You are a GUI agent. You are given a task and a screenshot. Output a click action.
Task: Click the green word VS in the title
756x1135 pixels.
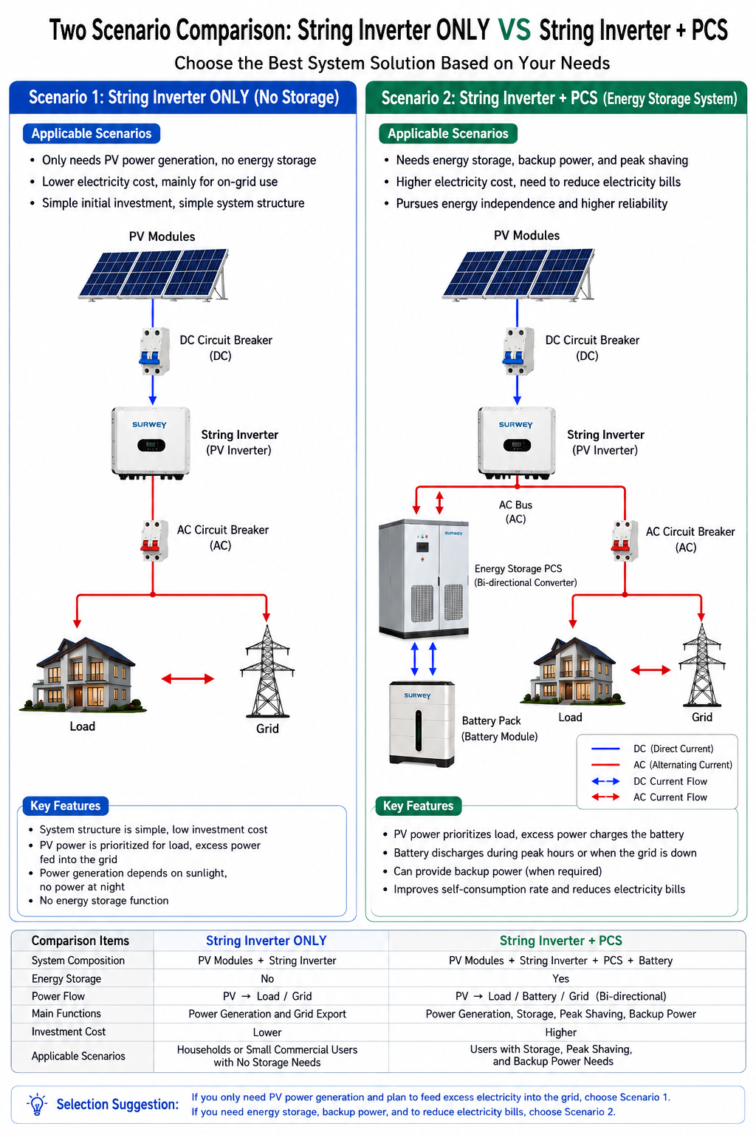(x=514, y=30)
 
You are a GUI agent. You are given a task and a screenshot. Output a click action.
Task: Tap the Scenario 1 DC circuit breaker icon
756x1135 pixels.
(x=154, y=351)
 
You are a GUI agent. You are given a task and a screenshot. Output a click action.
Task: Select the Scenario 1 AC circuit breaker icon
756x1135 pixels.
(x=154, y=541)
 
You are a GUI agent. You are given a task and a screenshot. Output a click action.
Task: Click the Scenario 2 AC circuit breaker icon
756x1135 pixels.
(x=625, y=541)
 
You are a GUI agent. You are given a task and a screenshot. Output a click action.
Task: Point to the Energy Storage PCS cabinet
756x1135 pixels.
(x=423, y=578)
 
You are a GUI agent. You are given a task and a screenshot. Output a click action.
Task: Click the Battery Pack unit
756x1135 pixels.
(x=422, y=723)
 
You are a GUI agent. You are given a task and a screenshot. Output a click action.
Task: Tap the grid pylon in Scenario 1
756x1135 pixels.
(x=267, y=671)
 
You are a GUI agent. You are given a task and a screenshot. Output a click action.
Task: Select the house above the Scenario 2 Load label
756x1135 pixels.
(x=572, y=671)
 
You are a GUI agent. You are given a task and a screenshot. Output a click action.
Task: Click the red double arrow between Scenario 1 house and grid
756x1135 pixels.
(x=188, y=679)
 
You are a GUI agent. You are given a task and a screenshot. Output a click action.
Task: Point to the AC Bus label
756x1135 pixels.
(x=515, y=512)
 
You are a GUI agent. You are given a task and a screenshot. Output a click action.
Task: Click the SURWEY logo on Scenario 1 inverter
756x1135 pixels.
(x=149, y=425)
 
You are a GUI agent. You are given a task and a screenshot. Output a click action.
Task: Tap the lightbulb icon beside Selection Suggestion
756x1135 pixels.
(x=37, y=1103)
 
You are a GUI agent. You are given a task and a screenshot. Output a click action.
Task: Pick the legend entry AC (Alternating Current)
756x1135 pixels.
(x=661, y=765)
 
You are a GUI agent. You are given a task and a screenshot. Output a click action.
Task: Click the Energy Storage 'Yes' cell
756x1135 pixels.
(x=560, y=978)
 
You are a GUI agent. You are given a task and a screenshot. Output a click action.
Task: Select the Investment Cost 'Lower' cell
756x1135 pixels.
(x=267, y=1032)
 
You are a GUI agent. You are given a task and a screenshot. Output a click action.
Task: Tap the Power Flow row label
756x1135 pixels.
(x=58, y=996)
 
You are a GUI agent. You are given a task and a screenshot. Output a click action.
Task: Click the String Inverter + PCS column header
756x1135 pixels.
(x=560, y=941)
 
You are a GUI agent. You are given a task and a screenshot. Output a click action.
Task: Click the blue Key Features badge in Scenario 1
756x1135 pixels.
(x=65, y=805)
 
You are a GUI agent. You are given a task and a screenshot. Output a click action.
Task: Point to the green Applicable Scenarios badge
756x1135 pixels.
(x=448, y=133)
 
